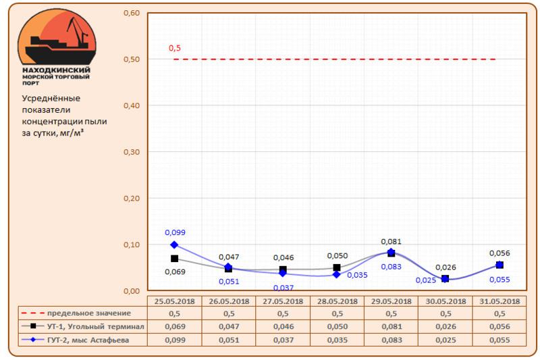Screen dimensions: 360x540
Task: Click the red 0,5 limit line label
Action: coord(175,49)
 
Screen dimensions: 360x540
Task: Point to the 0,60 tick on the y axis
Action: coord(133,14)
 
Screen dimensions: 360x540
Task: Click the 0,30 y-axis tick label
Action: coord(133,152)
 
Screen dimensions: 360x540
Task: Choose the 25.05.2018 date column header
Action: coord(174,301)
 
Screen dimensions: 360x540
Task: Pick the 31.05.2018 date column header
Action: coord(499,301)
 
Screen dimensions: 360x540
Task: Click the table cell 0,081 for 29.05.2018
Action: coord(391,326)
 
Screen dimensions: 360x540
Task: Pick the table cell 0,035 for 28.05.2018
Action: coord(337,338)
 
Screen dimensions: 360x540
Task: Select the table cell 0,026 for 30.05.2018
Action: coord(445,326)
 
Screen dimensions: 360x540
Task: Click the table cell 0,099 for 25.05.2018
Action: coord(174,338)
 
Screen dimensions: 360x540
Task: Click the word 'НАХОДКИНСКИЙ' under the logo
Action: coord(56,70)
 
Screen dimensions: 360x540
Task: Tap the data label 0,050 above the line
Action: coord(337,256)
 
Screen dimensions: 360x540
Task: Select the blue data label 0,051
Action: coord(229,282)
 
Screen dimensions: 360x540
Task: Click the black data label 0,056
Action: coord(500,253)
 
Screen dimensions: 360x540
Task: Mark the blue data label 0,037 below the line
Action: coord(283,288)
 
